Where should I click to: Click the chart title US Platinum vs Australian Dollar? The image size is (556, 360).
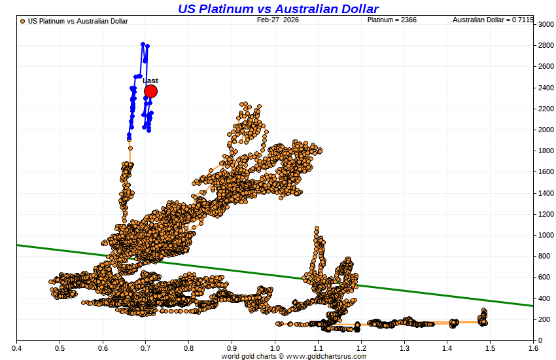pos(278,9)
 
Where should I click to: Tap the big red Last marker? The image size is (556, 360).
pos(150,91)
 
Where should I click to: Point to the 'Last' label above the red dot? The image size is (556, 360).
pos(150,81)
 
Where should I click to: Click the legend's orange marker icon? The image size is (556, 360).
pos(23,21)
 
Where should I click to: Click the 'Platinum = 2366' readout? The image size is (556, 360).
pos(392,20)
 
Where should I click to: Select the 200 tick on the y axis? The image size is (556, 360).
pos(545,319)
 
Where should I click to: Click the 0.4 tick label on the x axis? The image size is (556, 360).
pos(16,348)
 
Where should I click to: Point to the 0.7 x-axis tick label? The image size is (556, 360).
pos(146,348)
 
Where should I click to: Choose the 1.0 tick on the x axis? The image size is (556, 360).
pos(275,348)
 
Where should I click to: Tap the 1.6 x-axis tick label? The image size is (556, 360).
pos(533,348)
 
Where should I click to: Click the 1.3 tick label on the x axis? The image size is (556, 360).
pos(404,348)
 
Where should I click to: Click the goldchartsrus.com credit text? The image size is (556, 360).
pos(294,356)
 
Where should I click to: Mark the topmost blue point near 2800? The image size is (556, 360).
pos(143,45)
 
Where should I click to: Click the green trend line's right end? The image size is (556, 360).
pos(532,306)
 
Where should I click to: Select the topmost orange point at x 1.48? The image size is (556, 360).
pos(484,310)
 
